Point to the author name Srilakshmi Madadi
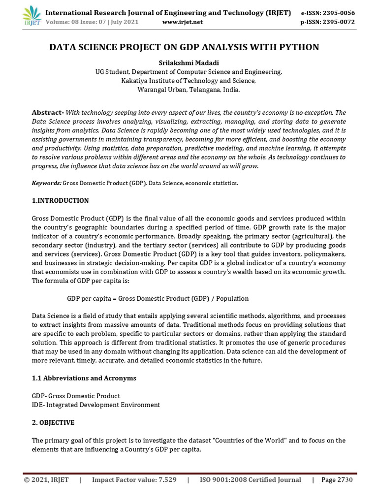point(189,63)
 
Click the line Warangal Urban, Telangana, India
point(189,90)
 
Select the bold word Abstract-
point(48,112)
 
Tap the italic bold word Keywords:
point(47,183)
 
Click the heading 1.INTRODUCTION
point(60,200)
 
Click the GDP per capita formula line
point(157,298)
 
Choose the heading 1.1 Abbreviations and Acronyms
point(84,378)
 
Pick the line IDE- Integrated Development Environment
point(96,405)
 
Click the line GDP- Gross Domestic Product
point(76,396)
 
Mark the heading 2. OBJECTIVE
point(53,422)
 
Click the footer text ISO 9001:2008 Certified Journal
point(250,480)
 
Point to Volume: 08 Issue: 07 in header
point(84,22)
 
